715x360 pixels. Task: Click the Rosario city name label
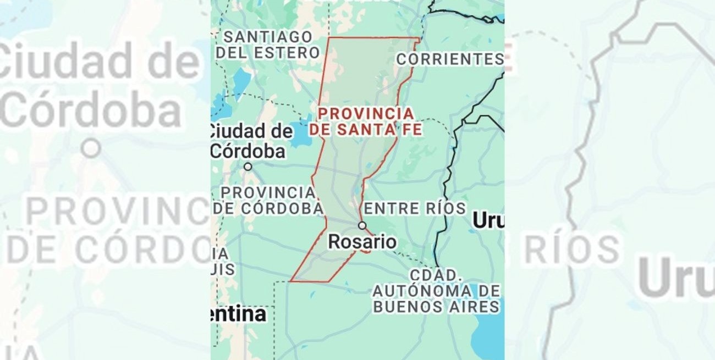coord(362,242)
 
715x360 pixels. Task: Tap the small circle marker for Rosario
coord(362,225)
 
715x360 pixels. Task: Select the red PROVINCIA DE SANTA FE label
coord(365,121)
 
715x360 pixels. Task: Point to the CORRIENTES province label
coord(449,59)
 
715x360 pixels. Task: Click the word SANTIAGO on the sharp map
coord(268,37)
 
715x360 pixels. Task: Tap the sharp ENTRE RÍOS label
coord(415,209)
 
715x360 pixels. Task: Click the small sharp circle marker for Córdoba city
coord(248,167)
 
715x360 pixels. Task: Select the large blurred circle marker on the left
coord(91,148)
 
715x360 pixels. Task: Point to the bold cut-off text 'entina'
coord(239,314)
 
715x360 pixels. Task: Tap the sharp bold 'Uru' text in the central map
coord(488,220)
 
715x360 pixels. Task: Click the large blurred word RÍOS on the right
coord(572,249)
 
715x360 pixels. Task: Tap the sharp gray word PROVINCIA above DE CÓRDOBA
coord(268,193)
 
